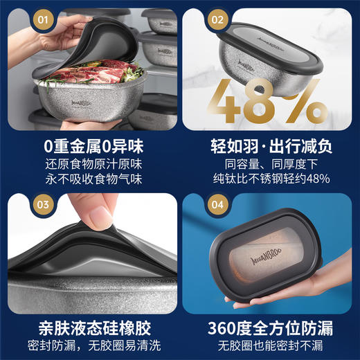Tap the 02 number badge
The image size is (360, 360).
coord(217,20)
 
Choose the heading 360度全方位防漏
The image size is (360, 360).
coord(271,325)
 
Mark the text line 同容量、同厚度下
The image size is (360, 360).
coord(271,165)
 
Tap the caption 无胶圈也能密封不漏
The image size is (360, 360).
coord(271,343)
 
